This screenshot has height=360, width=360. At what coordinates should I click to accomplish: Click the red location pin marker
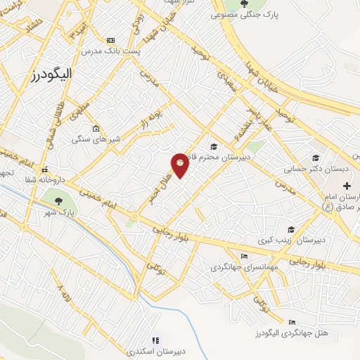coord(181,165)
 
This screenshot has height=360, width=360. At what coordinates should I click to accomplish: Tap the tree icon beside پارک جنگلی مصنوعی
coord(244,5)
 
